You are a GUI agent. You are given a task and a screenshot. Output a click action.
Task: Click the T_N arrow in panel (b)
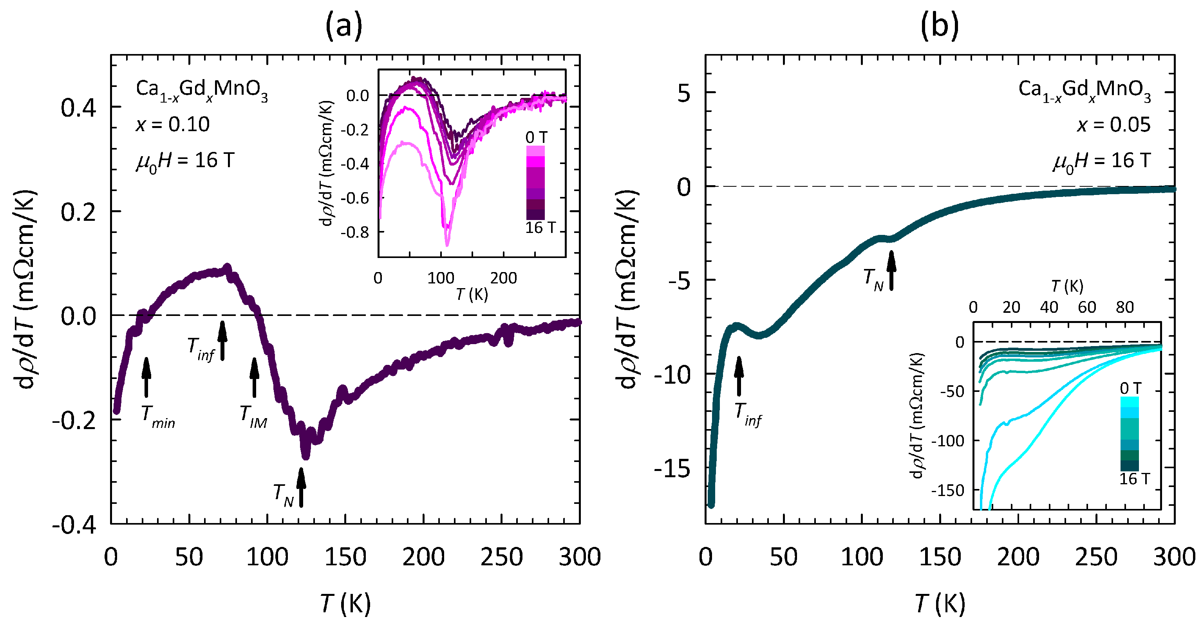click(x=891, y=271)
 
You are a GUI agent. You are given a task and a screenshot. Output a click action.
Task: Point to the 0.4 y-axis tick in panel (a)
click(x=78, y=108)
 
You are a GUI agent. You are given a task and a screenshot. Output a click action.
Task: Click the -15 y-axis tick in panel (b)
click(x=672, y=468)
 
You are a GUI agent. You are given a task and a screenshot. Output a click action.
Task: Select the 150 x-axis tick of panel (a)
click(x=345, y=557)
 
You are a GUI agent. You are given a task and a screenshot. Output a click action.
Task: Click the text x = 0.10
click(x=173, y=124)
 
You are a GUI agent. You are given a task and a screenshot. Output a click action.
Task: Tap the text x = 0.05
click(x=1113, y=125)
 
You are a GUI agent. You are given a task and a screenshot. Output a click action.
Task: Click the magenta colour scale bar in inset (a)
click(x=535, y=182)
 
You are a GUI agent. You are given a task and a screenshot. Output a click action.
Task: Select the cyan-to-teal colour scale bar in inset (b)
click(x=1129, y=434)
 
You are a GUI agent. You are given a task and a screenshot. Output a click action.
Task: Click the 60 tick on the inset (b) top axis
click(x=1087, y=307)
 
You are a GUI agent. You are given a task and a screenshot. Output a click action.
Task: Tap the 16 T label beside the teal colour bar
click(x=1134, y=479)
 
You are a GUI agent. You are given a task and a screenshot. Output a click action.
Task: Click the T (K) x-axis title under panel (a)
click(x=345, y=604)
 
